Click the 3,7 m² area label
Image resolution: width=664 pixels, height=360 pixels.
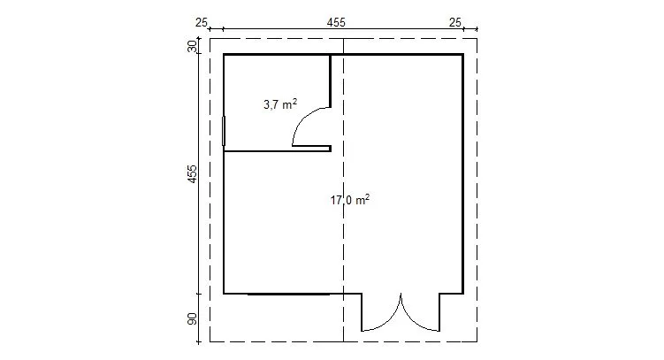click(x=280, y=104)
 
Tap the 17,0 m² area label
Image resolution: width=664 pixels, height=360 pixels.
click(x=350, y=200)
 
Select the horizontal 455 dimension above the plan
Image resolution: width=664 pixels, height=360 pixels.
click(x=336, y=22)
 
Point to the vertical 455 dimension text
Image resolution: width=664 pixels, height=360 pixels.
click(x=192, y=173)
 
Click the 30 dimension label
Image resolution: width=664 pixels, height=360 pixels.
click(x=192, y=46)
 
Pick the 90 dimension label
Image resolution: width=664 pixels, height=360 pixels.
click(x=192, y=319)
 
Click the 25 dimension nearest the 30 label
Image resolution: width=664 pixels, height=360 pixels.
click(x=202, y=22)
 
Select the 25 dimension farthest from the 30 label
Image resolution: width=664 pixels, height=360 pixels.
click(x=454, y=22)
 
